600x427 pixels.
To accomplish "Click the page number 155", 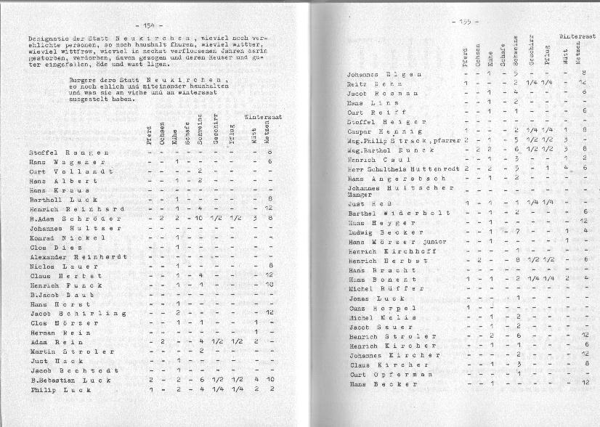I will pyautogui.click(x=461, y=22).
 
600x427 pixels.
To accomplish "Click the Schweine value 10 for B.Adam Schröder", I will pyautogui.click(x=198, y=218).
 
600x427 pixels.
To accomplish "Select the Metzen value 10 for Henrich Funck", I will pyautogui.click(x=269, y=285).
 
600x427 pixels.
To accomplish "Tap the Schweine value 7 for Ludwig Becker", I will pyautogui.click(x=517, y=232).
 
